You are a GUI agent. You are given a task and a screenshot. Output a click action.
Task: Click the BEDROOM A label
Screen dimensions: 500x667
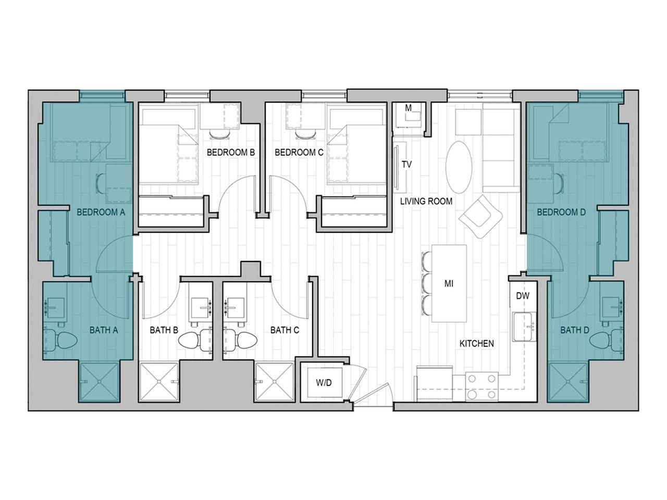[x=101, y=212]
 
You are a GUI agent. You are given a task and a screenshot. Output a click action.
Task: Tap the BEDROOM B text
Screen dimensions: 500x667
[x=230, y=153]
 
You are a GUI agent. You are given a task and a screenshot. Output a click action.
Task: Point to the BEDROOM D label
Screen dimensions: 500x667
[x=558, y=212]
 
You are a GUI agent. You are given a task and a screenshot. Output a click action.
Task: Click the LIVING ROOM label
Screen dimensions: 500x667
[x=426, y=201]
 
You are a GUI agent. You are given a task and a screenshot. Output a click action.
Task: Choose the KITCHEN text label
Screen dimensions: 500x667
[x=476, y=344]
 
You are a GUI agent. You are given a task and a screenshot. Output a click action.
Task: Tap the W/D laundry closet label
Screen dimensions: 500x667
[x=324, y=383]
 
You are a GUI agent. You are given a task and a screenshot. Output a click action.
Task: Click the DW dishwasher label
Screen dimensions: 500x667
[x=523, y=296]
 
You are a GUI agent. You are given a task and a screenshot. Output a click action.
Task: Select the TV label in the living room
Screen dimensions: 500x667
[x=407, y=165]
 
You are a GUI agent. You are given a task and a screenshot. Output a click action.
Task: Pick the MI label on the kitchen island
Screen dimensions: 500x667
[x=449, y=284]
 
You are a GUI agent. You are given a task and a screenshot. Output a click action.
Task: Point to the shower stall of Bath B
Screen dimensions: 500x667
[x=159, y=382]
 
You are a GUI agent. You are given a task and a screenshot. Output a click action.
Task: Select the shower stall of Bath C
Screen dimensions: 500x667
[x=275, y=382]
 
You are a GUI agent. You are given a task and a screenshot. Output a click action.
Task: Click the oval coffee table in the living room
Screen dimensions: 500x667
[x=460, y=166]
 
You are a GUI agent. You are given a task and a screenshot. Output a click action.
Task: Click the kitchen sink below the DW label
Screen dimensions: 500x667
[x=523, y=327]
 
